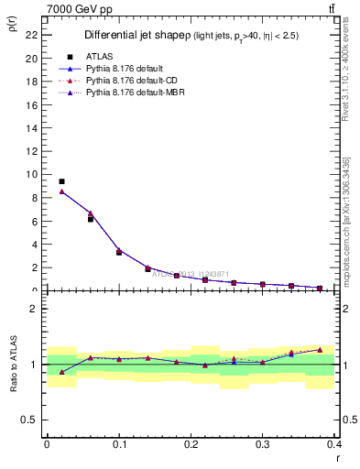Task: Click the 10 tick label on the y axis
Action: click(x=31, y=174)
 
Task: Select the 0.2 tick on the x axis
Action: click(x=191, y=443)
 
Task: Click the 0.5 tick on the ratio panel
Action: click(x=29, y=420)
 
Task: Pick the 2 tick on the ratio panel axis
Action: click(x=33, y=309)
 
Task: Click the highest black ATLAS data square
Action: click(x=61, y=181)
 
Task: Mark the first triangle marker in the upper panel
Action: click(x=61, y=191)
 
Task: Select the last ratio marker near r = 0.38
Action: click(x=320, y=349)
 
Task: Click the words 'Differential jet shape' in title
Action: click(x=130, y=35)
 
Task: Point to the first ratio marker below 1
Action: click(x=61, y=371)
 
